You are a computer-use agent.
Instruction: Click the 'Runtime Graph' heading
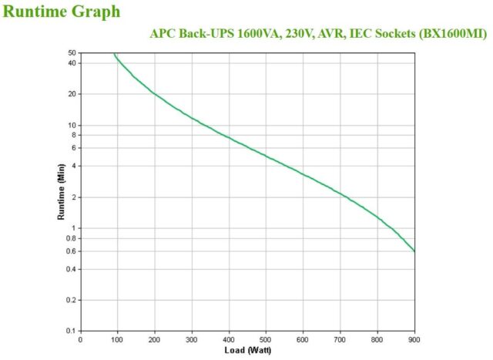point(62,12)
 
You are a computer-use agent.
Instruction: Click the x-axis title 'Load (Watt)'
point(247,351)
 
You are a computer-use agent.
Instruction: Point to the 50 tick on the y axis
point(72,53)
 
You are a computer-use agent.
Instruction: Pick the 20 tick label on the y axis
point(72,94)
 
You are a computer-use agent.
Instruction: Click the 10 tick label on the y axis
point(72,125)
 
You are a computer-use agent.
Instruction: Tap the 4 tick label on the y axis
point(74,166)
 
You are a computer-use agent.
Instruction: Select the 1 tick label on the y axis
point(74,228)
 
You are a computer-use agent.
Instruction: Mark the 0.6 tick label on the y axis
point(71,251)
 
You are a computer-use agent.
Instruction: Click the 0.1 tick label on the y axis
point(71,331)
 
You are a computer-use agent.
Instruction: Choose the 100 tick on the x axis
point(117,339)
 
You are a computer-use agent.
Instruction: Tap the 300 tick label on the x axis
point(192,339)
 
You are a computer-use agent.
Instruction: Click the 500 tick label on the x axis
point(266,339)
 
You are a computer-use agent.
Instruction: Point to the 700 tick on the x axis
point(340,339)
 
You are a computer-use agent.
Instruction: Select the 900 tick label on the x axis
point(414,339)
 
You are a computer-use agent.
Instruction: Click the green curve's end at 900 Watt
point(414,251)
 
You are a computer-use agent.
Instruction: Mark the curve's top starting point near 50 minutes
point(114,54)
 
